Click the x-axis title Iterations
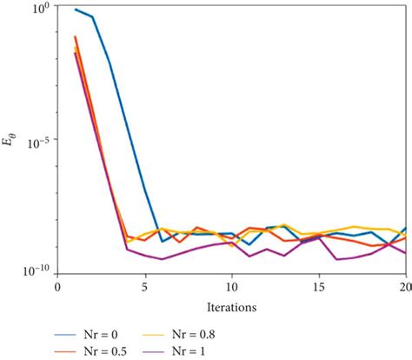coord(231,307)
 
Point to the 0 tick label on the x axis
coord(57,284)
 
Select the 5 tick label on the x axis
coord(144,284)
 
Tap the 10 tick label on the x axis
coord(231,284)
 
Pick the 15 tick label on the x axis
coord(319,284)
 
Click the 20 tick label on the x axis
coord(405,284)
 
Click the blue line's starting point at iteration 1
coord(76,10)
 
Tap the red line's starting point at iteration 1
coord(76,37)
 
